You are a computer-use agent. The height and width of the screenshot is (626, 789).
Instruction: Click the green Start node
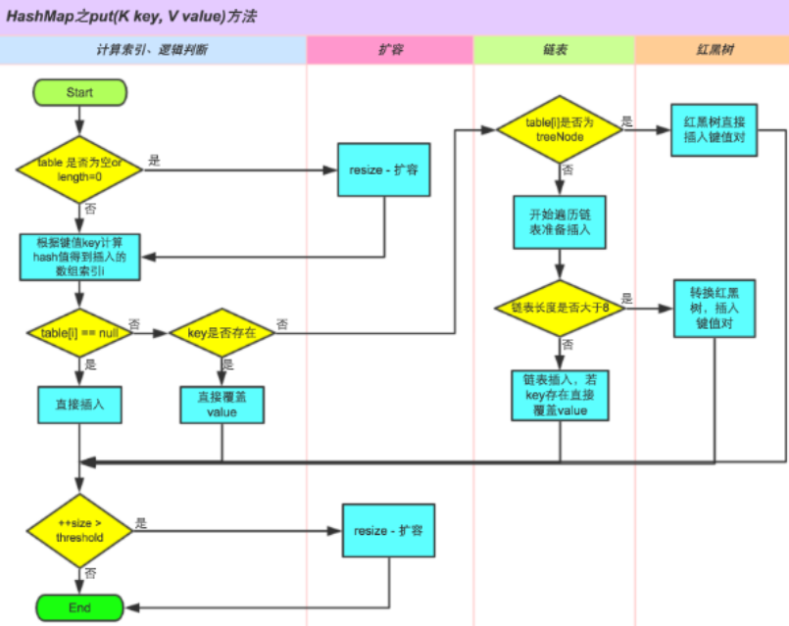pos(79,92)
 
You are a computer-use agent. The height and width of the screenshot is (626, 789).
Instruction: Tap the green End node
pos(79,607)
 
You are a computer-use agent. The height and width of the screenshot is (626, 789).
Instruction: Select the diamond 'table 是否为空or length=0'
pos(79,169)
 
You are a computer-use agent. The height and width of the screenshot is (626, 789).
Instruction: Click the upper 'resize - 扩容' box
pos(384,169)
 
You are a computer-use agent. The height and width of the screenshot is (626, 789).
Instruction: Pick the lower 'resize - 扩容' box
pos(388,530)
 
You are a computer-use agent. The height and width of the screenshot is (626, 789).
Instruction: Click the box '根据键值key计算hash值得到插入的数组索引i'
pos(80,257)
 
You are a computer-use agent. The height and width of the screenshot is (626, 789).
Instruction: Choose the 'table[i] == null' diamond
pos(79,333)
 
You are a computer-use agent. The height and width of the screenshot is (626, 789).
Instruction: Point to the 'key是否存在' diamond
pos(222,333)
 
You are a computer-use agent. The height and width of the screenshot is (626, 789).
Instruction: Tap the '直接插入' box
pos(79,405)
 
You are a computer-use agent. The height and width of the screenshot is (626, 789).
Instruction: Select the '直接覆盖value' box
pos(222,405)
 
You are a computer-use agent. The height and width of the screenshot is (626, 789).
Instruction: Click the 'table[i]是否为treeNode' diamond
pos(560,129)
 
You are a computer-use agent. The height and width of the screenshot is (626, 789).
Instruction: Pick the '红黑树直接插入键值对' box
pos(715,130)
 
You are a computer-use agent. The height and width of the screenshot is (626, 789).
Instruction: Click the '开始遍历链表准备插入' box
pos(560,222)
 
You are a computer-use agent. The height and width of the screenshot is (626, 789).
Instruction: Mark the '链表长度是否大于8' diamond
pos(560,308)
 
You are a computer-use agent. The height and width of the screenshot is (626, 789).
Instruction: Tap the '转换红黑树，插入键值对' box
pos(715,309)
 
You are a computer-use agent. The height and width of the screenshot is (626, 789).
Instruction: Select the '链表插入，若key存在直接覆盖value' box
pos(560,395)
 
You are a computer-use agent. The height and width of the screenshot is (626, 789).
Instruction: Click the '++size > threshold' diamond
pos(79,530)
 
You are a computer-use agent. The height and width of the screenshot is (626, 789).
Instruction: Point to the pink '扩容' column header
pos(390,50)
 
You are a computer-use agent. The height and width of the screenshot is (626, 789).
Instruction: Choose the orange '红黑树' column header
pos(712,50)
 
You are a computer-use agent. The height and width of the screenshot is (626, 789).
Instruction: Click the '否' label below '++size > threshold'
pos(90,573)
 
